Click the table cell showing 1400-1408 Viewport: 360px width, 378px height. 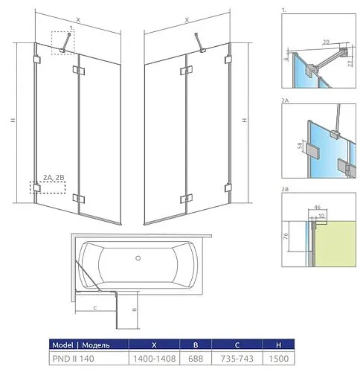152,359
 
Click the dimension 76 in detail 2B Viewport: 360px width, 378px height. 287,238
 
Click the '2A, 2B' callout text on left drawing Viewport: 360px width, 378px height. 54,177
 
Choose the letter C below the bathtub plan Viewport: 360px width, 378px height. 97,306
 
